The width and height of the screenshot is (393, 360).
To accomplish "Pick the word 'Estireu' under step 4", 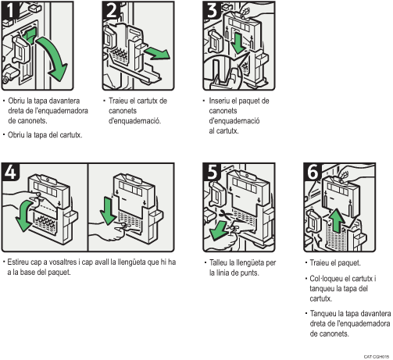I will pos(20,262).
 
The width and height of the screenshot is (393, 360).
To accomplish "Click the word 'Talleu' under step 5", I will pos(220,262).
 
